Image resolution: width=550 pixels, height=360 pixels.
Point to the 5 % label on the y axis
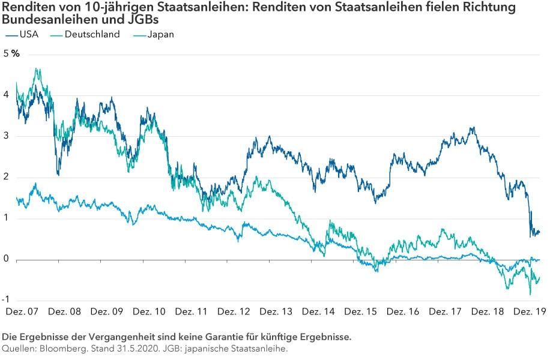(x=11, y=54)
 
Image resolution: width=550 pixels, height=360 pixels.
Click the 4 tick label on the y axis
(x=6, y=95)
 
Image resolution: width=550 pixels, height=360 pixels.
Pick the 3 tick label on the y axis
(x=6, y=136)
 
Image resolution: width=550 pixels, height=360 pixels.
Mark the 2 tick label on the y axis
(x=6, y=177)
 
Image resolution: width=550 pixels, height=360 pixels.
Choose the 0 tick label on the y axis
(x=6, y=259)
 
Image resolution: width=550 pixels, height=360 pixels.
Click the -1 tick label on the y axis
(x=8, y=300)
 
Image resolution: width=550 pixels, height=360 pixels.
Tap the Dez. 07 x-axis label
(x=22, y=312)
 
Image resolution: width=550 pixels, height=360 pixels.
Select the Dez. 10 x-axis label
(x=149, y=312)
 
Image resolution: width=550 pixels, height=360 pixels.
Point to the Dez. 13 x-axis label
(x=276, y=312)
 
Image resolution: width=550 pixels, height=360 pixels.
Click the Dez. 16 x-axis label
(x=403, y=312)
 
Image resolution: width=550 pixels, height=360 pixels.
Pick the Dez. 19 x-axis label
(x=528, y=312)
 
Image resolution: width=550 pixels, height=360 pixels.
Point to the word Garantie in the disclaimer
(x=183, y=337)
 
